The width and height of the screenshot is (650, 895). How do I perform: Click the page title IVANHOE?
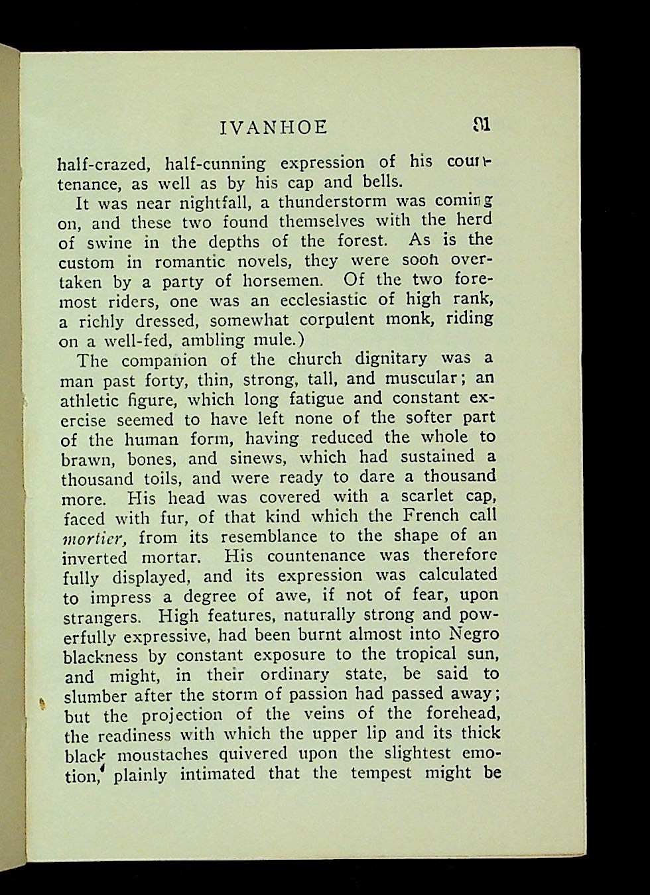(273, 127)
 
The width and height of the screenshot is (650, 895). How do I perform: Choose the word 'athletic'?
(90, 400)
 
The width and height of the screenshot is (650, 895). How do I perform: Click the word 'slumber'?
(96, 696)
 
